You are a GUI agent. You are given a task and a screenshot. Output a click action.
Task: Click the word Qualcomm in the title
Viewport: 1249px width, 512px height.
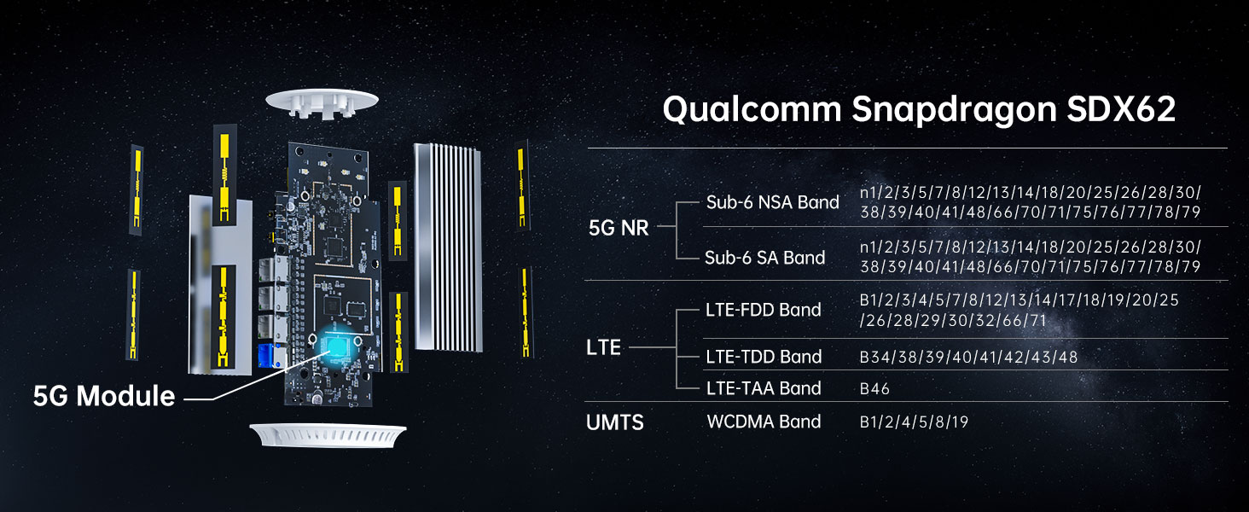[752, 110]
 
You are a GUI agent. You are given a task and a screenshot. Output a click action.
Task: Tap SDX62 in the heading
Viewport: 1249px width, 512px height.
[1121, 108]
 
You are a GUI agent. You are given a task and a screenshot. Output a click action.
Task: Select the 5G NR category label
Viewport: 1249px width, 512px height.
[619, 228]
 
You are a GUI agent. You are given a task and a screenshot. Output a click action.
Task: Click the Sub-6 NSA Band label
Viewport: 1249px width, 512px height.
[772, 202]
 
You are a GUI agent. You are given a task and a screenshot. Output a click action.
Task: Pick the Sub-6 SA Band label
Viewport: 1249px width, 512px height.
[764, 258]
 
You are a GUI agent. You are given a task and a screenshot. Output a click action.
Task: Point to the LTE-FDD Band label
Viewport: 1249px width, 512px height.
[764, 310]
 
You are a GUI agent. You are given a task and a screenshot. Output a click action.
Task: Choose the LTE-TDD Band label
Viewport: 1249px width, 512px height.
[764, 357]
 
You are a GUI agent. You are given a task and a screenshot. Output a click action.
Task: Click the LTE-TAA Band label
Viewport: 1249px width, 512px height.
[764, 388]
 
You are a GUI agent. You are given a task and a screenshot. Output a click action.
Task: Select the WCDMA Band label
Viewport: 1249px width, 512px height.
[764, 422]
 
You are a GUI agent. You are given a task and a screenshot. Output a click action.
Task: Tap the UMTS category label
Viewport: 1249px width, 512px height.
[615, 422]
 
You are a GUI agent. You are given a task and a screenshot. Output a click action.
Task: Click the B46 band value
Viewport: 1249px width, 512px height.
[874, 389]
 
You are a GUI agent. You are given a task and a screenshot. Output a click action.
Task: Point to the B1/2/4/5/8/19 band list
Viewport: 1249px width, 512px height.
[914, 422]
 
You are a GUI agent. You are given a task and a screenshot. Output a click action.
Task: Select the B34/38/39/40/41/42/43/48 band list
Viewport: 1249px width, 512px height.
[968, 357]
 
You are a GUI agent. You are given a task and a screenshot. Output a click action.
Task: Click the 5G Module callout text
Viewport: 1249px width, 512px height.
[104, 396]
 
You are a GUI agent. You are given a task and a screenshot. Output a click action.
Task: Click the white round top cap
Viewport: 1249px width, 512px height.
[322, 102]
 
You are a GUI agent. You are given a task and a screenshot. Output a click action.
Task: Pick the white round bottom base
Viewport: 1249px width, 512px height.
[328, 434]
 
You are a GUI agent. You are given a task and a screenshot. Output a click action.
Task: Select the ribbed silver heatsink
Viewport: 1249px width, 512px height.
[448, 247]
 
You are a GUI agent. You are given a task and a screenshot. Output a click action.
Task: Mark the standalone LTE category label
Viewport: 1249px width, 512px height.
[603, 347]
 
